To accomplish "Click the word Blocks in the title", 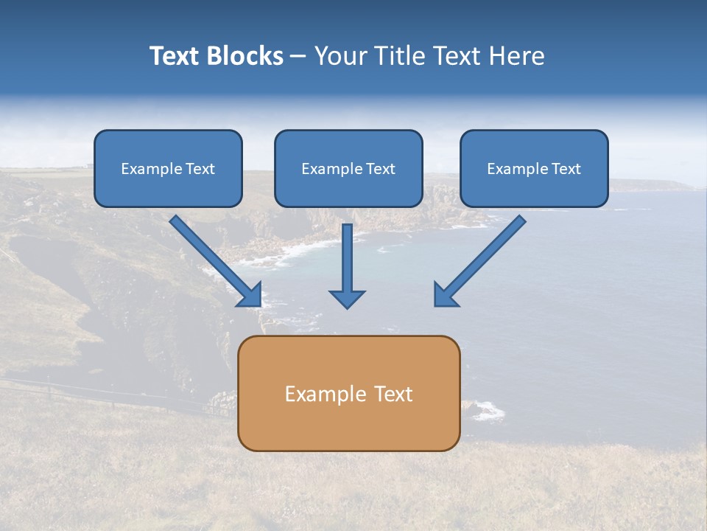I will click(x=245, y=56).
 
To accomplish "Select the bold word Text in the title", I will click(x=176, y=56).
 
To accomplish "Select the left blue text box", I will click(x=168, y=168).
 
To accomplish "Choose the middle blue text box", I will click(x=348, y=168).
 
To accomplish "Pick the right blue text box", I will click(x=534, y=168).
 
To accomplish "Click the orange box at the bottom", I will click(x=348, y=393).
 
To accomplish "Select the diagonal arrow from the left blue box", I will click(x=214, y=258).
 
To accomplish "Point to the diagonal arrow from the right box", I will click(x=482, y=258).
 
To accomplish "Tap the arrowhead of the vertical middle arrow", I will click(x=347, y=298).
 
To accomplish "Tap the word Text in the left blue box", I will click(x=200, y=169).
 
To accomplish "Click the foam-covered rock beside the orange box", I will click(x=484, y=410).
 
